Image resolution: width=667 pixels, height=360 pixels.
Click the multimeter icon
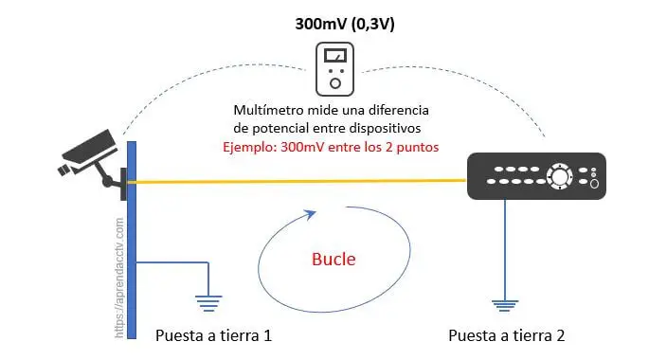(x=334, y=69)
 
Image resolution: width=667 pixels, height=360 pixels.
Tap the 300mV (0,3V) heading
(x=345, y=24)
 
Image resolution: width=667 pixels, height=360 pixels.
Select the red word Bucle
(x=333, y=260)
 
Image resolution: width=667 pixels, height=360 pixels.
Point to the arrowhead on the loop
(x=312, y=213)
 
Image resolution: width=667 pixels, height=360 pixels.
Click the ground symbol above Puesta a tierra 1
(x=208, y=303)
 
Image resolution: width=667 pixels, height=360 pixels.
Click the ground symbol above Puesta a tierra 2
(x=505, y=306)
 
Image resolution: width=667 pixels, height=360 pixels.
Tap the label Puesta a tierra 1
(x=213, y=335)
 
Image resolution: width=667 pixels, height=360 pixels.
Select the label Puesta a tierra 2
(x=507, y=335)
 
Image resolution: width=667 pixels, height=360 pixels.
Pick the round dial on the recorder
(x=559, y=176)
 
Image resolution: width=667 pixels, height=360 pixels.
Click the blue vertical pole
(x=132, y=240)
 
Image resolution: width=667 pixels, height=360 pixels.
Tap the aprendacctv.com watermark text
(x=119, y=279)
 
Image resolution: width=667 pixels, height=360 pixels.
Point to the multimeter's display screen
(x=335, y=56)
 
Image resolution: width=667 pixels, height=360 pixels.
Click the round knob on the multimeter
(x=335, y=83)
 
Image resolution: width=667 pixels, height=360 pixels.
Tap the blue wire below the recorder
(x=505, y=249)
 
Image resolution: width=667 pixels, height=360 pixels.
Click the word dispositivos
(x=385, y=128)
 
